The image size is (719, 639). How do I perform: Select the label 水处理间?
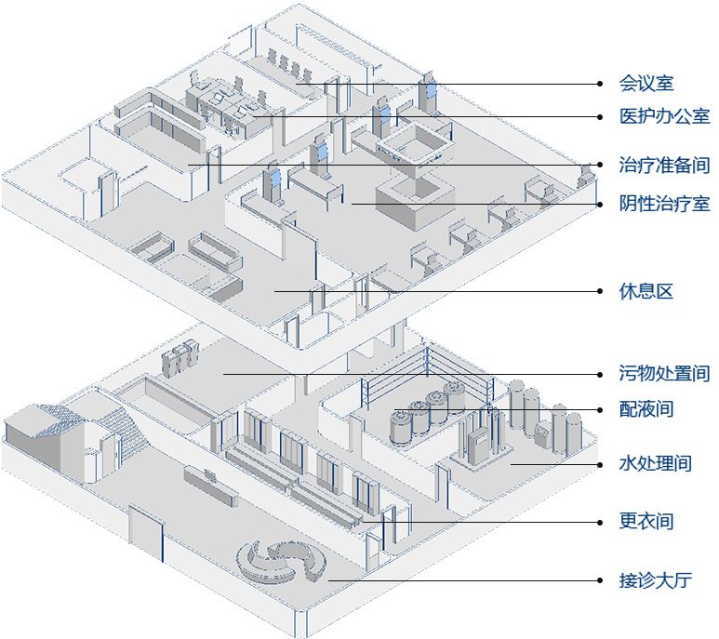pos(655,463)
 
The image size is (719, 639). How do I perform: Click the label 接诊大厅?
pos(655,581)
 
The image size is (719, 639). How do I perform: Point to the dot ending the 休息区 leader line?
pos(601,291)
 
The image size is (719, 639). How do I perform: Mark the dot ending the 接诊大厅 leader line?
pos(601,581)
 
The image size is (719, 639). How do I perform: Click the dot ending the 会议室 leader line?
pos(601,84)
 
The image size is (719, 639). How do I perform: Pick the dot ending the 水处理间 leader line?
pos(601,463)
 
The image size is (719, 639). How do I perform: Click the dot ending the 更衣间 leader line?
pos(601,522)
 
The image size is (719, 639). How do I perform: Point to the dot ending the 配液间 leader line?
pos(601,409)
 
